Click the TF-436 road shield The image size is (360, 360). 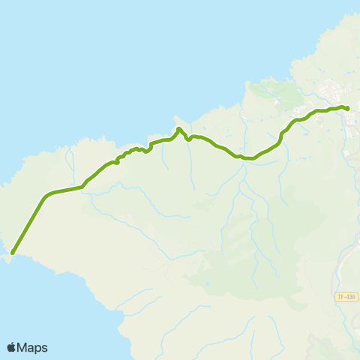[x=346, y=298]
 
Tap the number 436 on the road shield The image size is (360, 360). [x=349, y=298]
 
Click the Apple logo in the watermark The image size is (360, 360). [x=11, y=347]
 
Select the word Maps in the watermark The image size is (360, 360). [x=33, y=347]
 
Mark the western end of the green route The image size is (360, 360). [x=13, y=252]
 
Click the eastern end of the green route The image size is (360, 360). [x=347, y=109]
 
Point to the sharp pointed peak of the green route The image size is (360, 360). [x=178, y=129]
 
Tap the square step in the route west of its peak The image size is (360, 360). [x=151, y=144]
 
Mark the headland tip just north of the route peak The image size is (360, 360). [x=177, y=118]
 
